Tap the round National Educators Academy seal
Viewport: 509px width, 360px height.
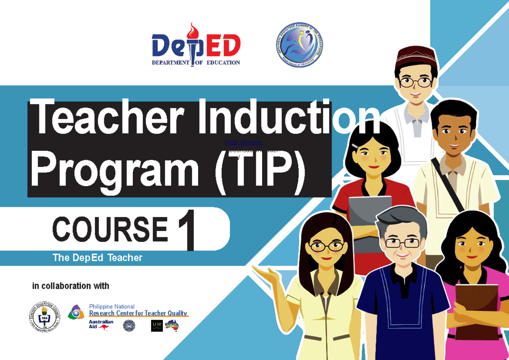[x=297, y=45]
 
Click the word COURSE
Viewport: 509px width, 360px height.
[x=110, y=229]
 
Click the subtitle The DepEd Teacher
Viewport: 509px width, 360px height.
[x=97, y=258]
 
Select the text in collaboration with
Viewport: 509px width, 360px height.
[x=71, y=286]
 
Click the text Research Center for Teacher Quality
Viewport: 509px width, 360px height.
[x=138, y=313]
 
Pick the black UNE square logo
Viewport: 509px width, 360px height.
[x=157, y=326]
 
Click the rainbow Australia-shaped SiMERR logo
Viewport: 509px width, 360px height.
[x=172, y=326]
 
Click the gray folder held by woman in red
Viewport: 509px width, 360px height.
[x=369, y=217]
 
